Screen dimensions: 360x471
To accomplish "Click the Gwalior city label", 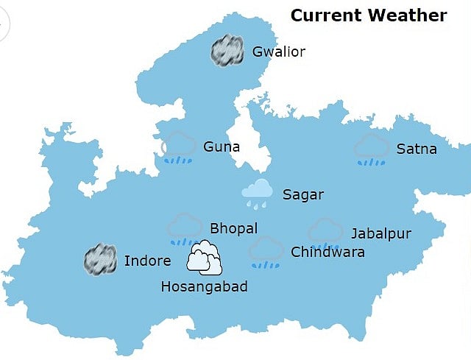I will tap(278, 52).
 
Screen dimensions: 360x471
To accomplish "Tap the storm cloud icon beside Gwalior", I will tap(227, 51).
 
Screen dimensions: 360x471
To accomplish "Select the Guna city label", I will tap(222, 147).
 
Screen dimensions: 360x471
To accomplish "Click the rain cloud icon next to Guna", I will tap(179, 148).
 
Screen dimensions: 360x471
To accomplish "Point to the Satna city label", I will tap(417, 149).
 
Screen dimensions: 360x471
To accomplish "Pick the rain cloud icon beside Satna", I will tap(372, 149).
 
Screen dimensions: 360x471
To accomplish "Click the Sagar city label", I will tap(303, 194).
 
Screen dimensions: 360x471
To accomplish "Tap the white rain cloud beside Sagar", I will tap(258, 193).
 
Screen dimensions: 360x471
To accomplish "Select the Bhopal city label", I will tap(233, 228).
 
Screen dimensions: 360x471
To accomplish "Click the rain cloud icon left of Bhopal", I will tap(185, 229).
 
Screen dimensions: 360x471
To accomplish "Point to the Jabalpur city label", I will tap(380, 234).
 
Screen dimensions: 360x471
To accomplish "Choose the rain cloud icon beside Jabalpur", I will tap(325, 233).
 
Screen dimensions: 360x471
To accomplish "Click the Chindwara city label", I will tap(327, 252).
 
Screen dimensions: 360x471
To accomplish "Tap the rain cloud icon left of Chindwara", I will tap(266, 251).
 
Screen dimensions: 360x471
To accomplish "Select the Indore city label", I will tap(147, 261).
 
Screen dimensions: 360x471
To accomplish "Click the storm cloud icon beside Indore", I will tap(100, 260).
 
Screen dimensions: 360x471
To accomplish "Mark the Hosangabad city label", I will tap(204, 287).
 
